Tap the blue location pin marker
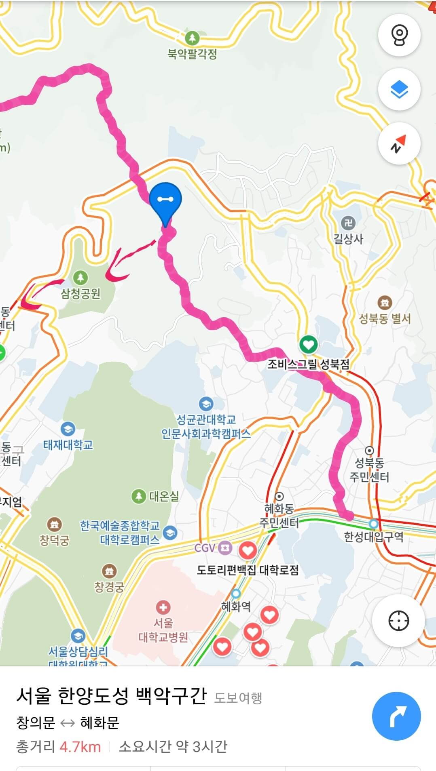(165, 200)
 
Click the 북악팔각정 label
(192, 54)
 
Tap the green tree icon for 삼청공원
(81, 278)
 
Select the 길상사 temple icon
(348, 223)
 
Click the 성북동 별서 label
(385, 319)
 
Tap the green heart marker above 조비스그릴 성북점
(308, 345)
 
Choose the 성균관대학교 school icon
(206, 403)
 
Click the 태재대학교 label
(68, 445)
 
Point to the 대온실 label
(164, 496)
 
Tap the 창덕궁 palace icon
(54, 524)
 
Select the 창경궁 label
(109, 586)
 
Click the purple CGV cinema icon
(225, 548)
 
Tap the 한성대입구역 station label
(373, 537)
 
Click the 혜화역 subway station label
(236, 606)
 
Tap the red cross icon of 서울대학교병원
(163, 607)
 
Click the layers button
(399, 90)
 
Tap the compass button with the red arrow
(399, 144)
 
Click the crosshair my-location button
(398, 621)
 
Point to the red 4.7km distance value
(80, 747)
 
